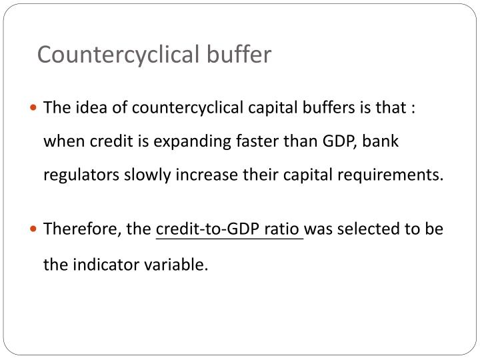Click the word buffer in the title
pyautogui.click(x=242, y=54)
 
